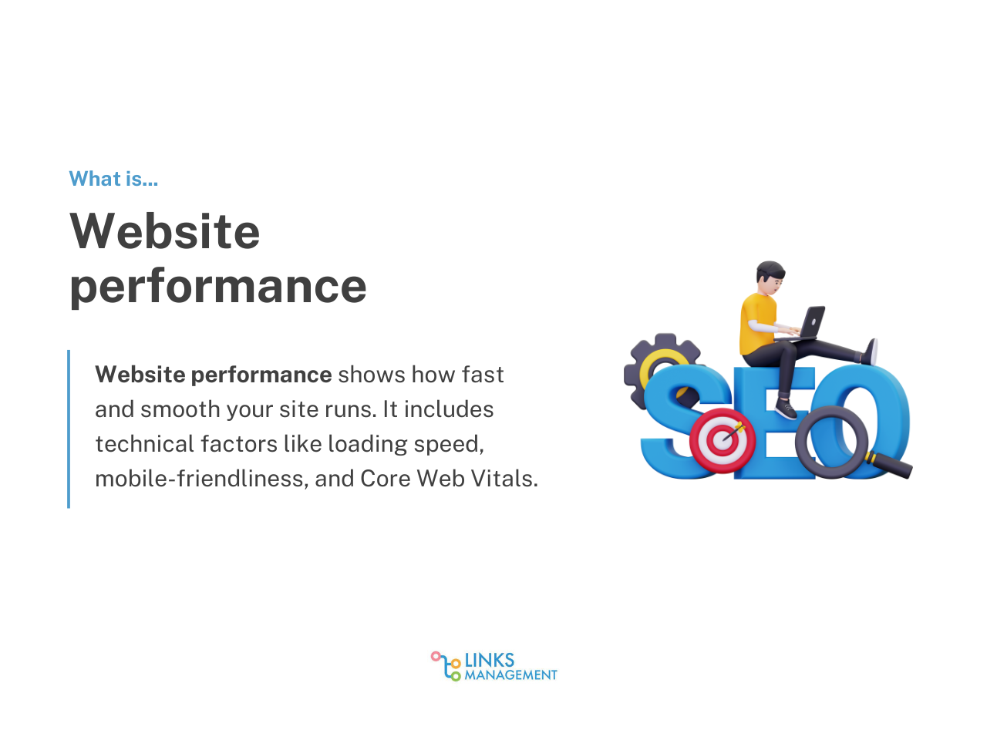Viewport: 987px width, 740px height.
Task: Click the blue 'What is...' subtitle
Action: tap(113, 179)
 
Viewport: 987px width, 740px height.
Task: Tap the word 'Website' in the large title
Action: tap(165, 231)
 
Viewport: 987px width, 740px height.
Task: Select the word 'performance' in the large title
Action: tap(218, 288)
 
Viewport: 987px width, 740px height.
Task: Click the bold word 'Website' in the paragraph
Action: tap(140, 375)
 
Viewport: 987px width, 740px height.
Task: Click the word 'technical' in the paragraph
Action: tap(144, 444)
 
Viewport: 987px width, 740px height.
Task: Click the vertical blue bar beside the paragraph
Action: tap(69, 429)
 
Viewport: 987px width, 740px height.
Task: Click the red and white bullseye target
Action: tap(723, 440)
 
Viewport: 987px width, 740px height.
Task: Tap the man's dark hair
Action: tap(770, 271)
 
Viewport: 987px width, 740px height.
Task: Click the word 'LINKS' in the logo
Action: tap(489, 660)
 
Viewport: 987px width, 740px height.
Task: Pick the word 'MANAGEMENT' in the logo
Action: tap(510, 674)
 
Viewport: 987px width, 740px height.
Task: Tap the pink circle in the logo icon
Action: tap(435, 657)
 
